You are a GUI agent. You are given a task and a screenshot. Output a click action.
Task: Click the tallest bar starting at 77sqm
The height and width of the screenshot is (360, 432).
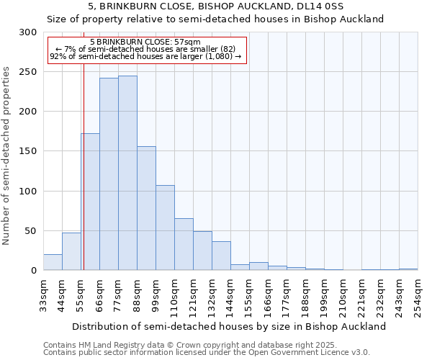point(127,173)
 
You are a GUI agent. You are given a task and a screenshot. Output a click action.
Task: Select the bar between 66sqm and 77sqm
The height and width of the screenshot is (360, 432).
point(109,174)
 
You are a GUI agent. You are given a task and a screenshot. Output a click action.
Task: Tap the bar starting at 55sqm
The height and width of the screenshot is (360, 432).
point(90,202)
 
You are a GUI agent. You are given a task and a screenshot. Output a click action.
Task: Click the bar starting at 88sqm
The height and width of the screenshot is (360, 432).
point(146,209)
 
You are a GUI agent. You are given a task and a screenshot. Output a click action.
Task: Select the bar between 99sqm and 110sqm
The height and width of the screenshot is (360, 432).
point(165,228)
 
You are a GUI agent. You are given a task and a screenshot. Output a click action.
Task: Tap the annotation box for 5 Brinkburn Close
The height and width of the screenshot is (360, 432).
point(147,50)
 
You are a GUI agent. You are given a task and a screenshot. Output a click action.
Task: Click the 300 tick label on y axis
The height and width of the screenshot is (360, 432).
point(28,32)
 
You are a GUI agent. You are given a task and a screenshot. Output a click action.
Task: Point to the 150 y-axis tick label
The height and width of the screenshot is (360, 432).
point(28,151)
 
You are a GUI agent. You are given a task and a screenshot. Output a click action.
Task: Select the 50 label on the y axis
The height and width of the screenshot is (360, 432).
point(31,231)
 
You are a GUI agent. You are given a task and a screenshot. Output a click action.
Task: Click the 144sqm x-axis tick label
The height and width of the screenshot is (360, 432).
point(230,294)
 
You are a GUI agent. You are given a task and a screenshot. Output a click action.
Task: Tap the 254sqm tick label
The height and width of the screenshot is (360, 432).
point(418,294)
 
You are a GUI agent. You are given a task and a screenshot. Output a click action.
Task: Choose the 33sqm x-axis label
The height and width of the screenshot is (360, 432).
point(43,294)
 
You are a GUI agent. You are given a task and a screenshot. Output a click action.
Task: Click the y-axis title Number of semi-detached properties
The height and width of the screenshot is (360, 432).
point(7,156)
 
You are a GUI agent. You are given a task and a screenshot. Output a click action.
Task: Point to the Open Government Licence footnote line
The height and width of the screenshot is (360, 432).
point(207,352)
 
